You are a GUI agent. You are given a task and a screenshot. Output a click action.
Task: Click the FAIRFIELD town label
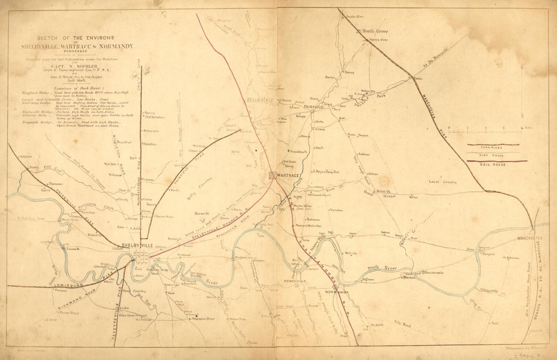click(315, 107)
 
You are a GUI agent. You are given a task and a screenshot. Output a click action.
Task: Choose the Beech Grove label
click(375, 31)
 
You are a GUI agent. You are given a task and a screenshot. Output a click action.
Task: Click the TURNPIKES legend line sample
click(493, 144)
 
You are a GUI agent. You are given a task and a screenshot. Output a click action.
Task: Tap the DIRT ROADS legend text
click(493, 155)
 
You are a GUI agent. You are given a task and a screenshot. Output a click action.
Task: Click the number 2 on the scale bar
click(485, 128)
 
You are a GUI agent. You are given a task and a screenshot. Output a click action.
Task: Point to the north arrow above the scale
click(522, 81)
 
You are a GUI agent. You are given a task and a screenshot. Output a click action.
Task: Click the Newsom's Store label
click(202, 318)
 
